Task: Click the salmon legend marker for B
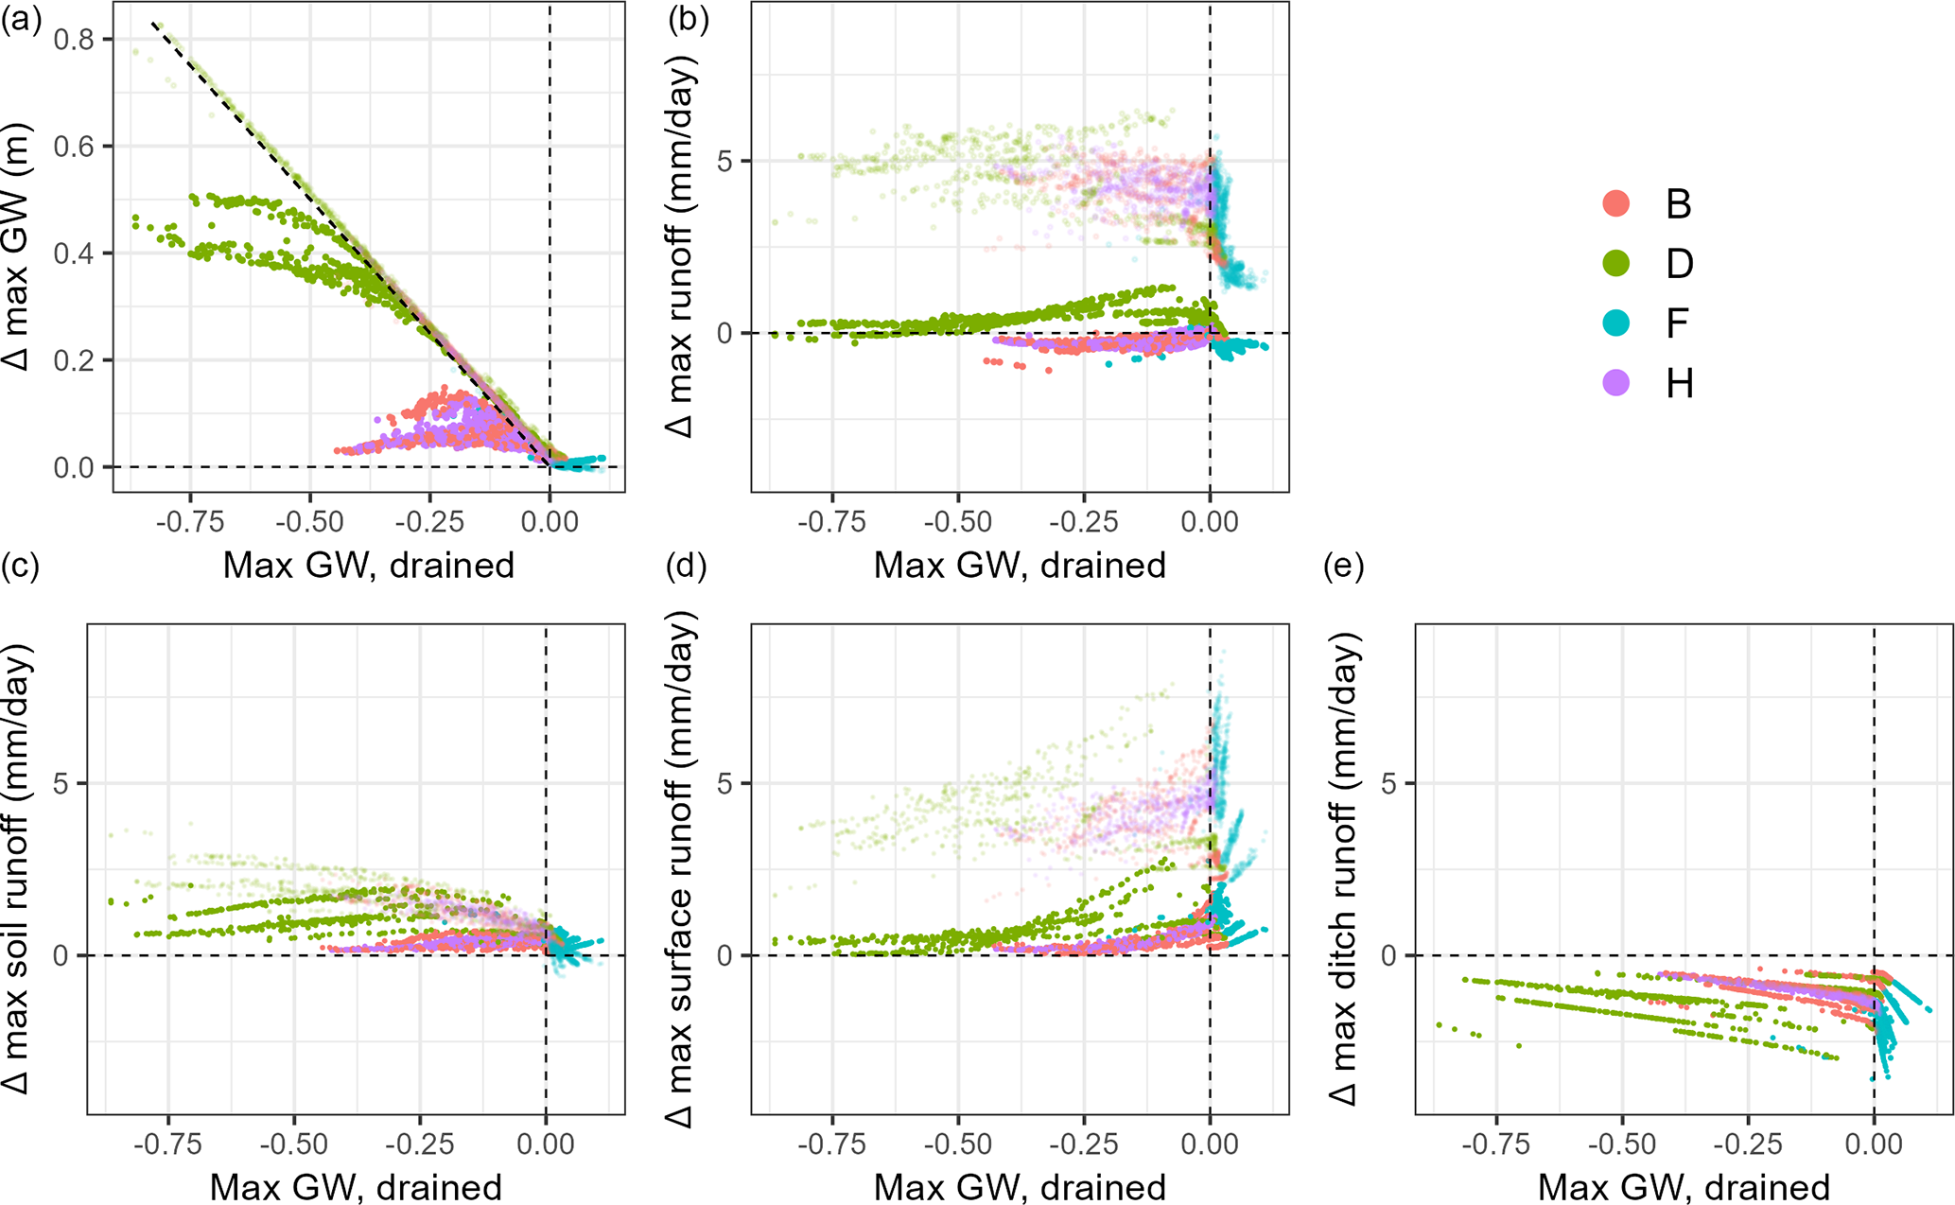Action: tap(1616, 203)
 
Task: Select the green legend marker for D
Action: tap(1616, 263)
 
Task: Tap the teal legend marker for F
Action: tap(1616, 323)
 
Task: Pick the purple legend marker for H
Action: tap(1616, 382)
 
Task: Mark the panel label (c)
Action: tap(21, 567)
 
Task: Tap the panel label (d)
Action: tap(688, 567)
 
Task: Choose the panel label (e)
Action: tap(1344, 567)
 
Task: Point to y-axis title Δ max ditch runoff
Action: tap(1344, 868)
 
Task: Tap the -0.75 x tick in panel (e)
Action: tap(1496, 1144)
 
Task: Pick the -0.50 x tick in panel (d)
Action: tap(958, 1144)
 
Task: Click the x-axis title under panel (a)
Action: tap(369, 565)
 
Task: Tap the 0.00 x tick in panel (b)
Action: tap(1210, 522)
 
